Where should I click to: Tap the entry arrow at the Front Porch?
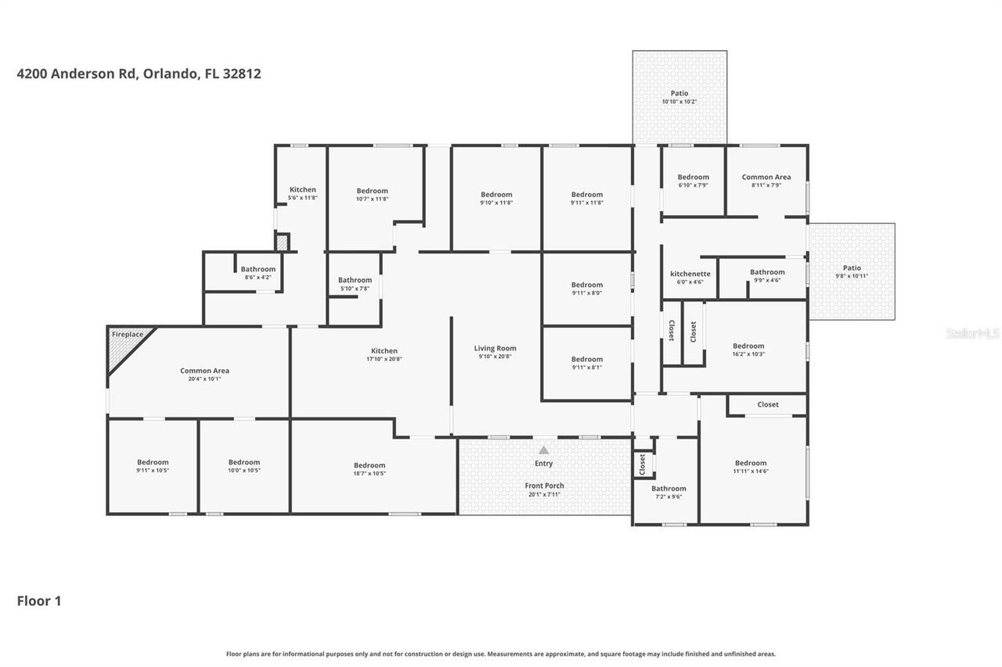[543, 450]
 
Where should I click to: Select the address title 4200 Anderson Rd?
[139, 74]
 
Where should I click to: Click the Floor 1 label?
[39, 601]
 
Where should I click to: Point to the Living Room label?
[495, 349]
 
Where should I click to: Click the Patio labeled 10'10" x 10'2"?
[679, 97]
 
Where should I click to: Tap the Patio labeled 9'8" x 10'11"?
[851, 271]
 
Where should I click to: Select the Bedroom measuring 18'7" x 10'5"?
[369, 468]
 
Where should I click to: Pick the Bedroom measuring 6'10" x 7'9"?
[693, 181]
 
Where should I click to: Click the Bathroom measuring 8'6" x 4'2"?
[258, 273]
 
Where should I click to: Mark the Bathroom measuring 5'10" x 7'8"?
[355, 284]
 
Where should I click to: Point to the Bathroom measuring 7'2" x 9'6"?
[669, 492]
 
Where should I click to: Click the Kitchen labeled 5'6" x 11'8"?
[302, 193]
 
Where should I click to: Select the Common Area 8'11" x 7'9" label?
[766, 181]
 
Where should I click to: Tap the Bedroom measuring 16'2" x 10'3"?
[748, 350]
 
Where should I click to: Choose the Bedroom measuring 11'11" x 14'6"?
[750, 466]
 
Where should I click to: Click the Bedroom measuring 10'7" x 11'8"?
[372, 194]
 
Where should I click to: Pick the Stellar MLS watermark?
[971, 333]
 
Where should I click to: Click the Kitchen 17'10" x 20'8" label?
[384, 354]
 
